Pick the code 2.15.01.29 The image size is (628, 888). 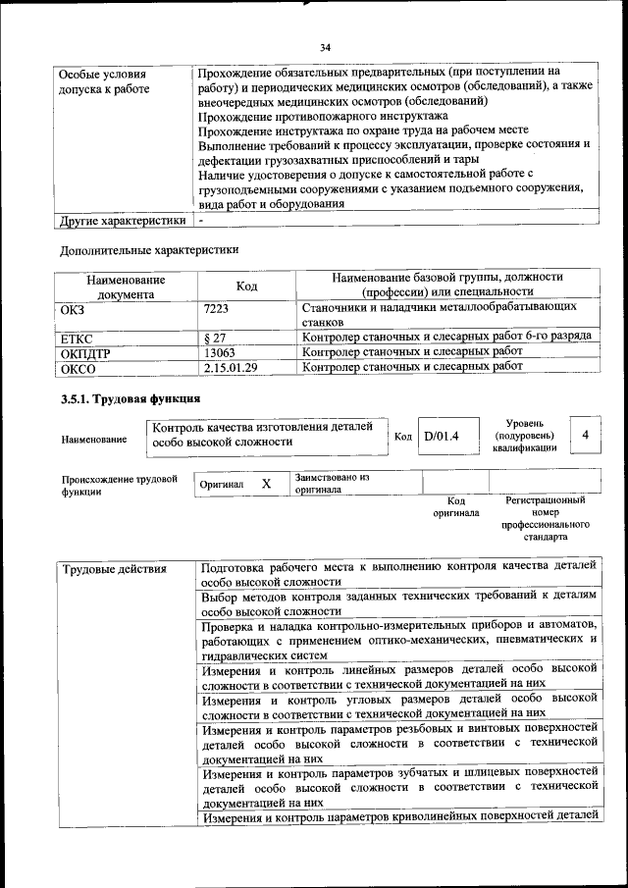pyautogui.click(x=231, y=367)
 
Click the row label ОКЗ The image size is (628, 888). pyautogui.click(x=75, y=308)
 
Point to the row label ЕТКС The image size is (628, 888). pyautogui.click(x=77, y=338)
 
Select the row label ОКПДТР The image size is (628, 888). pyautogui.click(x=85, y=352)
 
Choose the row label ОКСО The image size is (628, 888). pyautogui.click(x=78, y=367)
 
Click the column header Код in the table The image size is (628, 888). pyautogui.click(x=247, y=286)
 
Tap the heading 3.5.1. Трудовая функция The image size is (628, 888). pyautogui.click(x=131, y=399)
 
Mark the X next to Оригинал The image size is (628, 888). pyautogui.click(x=266, y=484)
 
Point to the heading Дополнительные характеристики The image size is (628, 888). pyautogui.click(x=149, y=249)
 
